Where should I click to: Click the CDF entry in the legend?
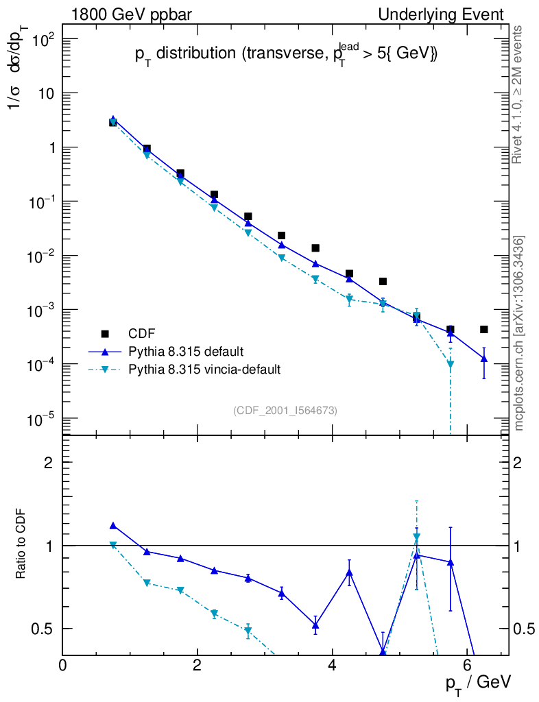point(137,334)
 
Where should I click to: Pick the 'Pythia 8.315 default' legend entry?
point(185,352)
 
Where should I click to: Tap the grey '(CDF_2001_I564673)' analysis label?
point(285,410)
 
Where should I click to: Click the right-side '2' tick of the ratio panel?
point(518,463)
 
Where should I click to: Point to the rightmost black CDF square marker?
point(483,330)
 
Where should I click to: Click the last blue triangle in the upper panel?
point(483,359)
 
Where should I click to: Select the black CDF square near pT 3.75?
point(315,248)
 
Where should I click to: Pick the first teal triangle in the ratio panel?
point(113,545)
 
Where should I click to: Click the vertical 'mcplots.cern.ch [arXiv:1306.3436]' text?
point(520,333)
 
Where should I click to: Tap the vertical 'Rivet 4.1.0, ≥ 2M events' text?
point(518,95)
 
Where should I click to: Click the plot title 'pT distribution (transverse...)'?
point(285,56)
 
